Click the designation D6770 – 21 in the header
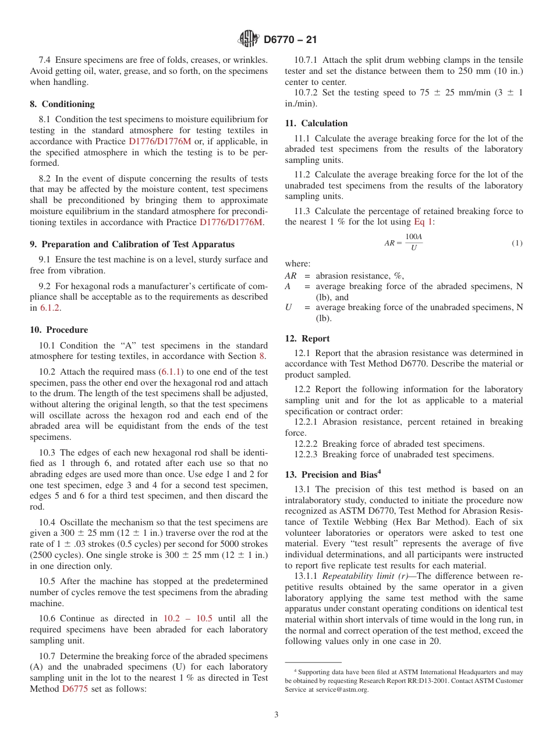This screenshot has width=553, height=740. (290, 40)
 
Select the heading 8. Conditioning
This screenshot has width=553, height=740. (62, 104)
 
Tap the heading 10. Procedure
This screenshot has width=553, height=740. (59, 330)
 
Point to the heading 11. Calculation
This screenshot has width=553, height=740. (316, 123)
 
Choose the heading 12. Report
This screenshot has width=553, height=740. (307, 339)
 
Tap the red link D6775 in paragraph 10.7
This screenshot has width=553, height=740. (76, 689)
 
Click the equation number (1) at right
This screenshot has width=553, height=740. (516, 243)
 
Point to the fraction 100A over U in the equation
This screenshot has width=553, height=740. (413, 243)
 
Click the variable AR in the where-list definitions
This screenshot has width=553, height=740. (290, 276)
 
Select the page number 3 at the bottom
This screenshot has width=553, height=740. (276, 714)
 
